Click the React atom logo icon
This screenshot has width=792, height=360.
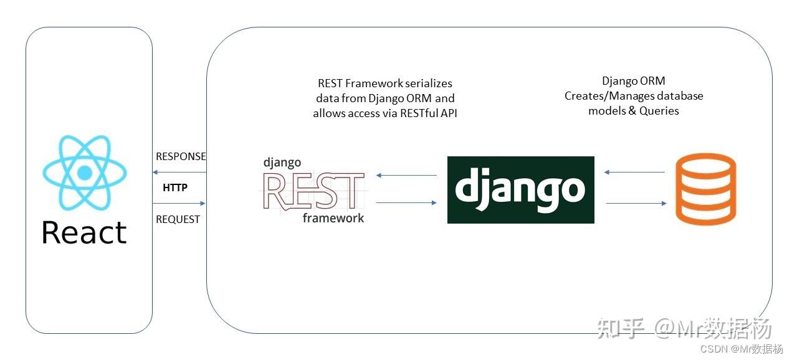click(85, 172)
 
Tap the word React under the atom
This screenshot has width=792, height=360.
click(84, 232)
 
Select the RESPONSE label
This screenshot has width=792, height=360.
click(181, 156)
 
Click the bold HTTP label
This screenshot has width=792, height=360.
click(175, 187)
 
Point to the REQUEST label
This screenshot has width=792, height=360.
click(178, 219)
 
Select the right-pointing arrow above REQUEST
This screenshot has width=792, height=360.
click(179, 203)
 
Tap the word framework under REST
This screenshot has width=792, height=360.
click(333, 217)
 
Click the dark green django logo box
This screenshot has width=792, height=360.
click(520, 190)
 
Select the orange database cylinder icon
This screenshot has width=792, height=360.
click(706, 189)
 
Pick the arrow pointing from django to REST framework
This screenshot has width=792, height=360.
click(407, 175)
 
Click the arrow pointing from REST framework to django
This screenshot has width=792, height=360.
click(407, 202)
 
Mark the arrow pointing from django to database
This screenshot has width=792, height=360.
click(635, 203)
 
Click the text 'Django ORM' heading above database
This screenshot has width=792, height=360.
click(633, 81)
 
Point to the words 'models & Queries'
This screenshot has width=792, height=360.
click(633, 111)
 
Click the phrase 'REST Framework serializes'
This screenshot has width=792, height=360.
click(384, 83)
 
